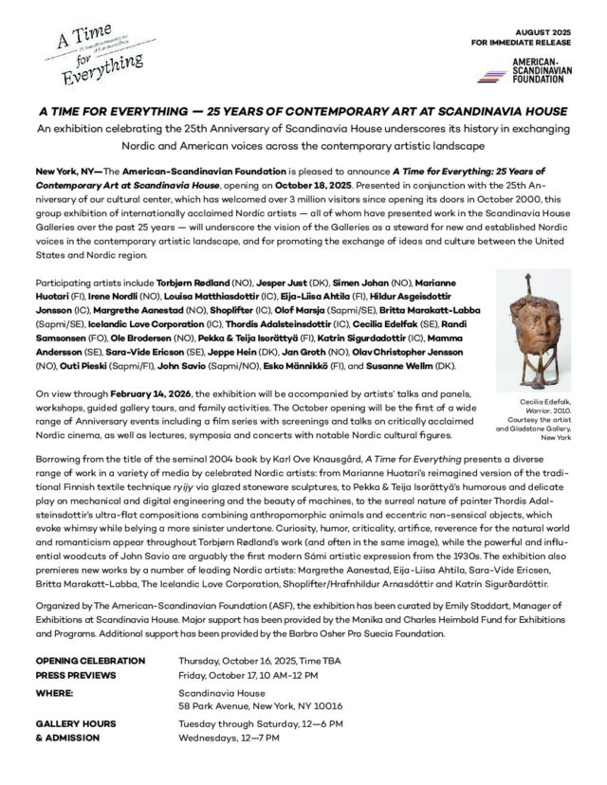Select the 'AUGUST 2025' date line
(x=543, y=29)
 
